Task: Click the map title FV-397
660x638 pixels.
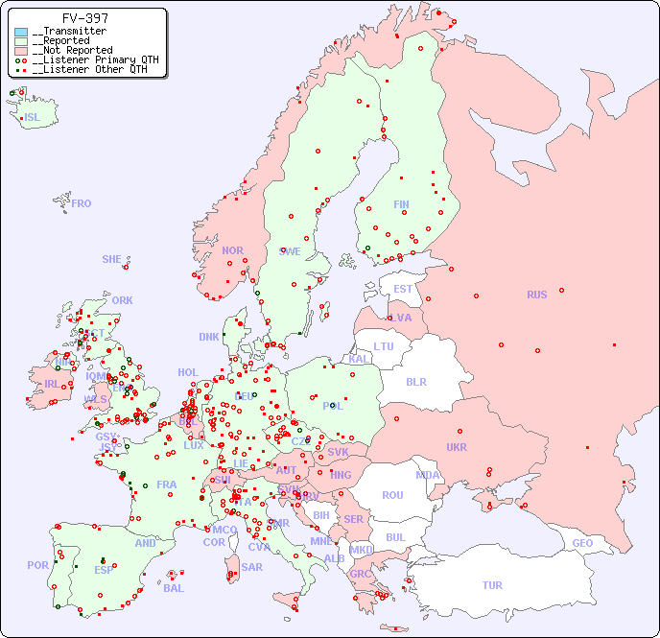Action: click(84, 18)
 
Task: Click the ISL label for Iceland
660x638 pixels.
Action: click(33, 118)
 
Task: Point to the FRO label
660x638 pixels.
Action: click(82, 203)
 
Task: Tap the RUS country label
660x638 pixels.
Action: click(536, 295)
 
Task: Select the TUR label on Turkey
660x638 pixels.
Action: click(492, 585)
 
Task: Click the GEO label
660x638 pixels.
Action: click(582, 543)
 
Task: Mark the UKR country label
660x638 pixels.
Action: click(457, 447)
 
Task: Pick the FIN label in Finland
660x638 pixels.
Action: click(401, 204)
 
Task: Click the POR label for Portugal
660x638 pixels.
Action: click(37, 565)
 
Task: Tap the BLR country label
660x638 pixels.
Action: click(415, 381)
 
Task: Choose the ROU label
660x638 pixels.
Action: click(392, 495)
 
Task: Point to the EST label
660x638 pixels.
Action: click(403, 289)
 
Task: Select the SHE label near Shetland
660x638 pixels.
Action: click(112, 259)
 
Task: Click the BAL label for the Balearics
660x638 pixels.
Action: click(173, 588)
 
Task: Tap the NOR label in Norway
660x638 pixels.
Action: click(232, 250)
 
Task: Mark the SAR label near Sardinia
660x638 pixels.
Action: click(251, 567)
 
